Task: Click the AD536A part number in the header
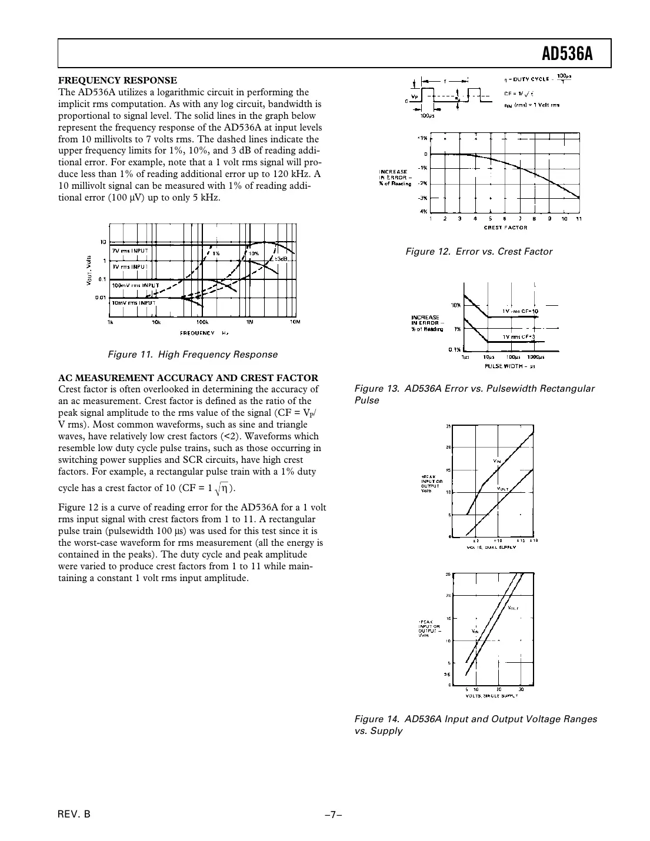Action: pos(566,55)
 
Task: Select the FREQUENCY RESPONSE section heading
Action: pos(117,80)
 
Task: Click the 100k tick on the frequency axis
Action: pos(202,322)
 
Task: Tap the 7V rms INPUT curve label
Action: pos(131,250)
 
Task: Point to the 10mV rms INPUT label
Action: pos(133,302)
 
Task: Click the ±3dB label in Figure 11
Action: pos(281,259)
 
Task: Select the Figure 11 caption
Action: pos(192,354)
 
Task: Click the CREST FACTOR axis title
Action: pos(505,227)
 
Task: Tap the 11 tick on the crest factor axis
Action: pos(579,219)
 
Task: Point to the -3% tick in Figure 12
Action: pos(422,198)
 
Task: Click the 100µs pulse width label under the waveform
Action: pos(427,116)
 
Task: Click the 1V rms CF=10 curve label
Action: pos(520,311)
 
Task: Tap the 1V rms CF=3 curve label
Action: pos(518,336)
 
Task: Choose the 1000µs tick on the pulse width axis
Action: pos(535,356)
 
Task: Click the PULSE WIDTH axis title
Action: pos(509,365)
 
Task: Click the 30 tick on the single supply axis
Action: pos(521,689)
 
